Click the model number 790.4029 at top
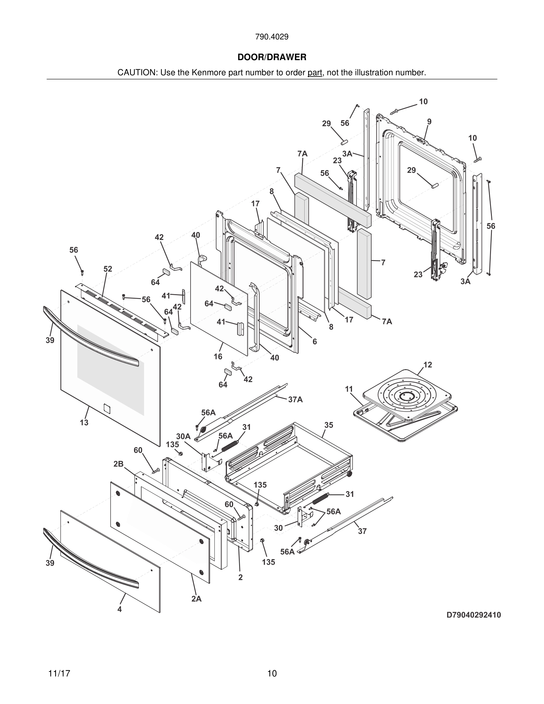[x=272, y=37]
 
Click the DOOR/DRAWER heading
[x=272, y=57]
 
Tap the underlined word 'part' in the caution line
[x=315, y=73]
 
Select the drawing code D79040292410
[x=473, y=615]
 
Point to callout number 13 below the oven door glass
[x=84, y=422]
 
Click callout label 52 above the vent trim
[x=108, y=269]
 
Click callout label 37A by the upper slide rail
[x=295, y=399]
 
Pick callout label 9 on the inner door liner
[x=429, y=121]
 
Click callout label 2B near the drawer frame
[x=118, y=464]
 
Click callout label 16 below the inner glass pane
[x=218, y=356]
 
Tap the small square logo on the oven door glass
[x=107, y=409]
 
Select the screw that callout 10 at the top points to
[x=394, y=111]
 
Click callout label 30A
[x=183, y=436]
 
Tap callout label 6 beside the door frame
[x=315, y=341]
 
